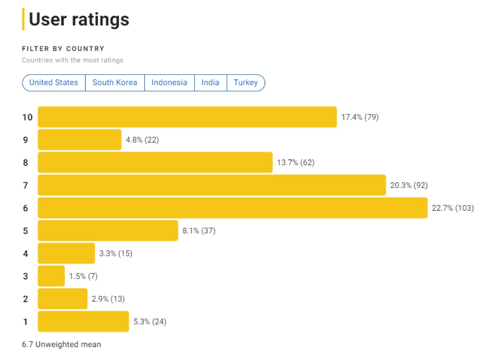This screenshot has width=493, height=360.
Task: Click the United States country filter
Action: point(53,83)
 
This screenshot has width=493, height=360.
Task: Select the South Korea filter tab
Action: point(115,83)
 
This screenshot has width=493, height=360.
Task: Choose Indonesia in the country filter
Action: point(169,83)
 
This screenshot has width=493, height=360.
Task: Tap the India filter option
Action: point(210,83)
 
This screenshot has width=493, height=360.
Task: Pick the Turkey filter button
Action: point(246,83)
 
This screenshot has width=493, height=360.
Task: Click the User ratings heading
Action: point(79,19)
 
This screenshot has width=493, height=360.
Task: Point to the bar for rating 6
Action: point(233,208)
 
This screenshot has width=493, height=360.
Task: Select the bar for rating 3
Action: point(51,276)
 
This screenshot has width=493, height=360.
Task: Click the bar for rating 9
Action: point(80,140)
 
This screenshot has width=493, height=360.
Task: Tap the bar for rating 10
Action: point(187,117)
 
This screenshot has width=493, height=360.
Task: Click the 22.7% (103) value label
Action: point(453,208)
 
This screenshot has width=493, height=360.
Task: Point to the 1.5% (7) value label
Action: point(83,276)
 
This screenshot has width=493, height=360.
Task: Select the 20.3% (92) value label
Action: point(409,185)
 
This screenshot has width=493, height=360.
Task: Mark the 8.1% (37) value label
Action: point(199,231)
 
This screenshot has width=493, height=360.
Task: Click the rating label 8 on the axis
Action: point(25,163)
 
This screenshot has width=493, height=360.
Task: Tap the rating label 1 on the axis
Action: point(25,321)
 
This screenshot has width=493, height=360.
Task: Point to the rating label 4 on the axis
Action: point(25,254)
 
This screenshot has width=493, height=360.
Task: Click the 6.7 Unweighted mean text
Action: point(61,344)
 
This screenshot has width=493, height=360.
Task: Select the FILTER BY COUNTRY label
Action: point(63,49)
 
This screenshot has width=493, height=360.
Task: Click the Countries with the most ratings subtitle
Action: point(72,60)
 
